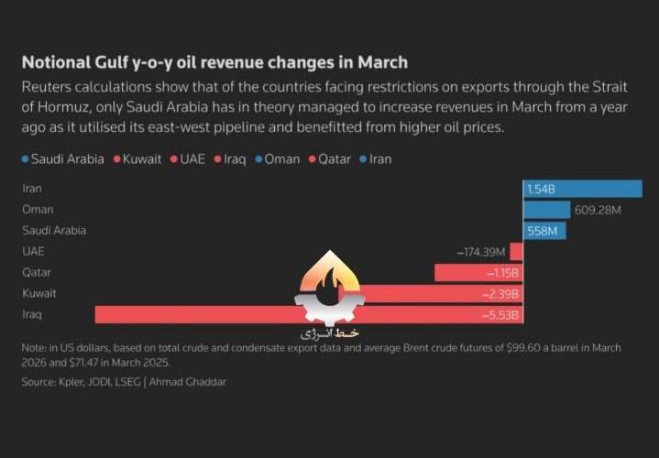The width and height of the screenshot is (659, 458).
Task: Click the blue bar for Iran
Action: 583,189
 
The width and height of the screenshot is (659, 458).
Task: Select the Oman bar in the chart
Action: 547,210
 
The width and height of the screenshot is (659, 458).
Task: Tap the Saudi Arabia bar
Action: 544,231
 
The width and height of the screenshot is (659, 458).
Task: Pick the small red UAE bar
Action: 517,252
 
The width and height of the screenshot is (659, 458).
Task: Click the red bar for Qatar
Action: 478,273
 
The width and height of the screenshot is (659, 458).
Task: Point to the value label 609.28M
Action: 598,210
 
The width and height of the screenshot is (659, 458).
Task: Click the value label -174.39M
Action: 481,252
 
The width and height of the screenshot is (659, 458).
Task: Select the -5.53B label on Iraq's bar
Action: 500,315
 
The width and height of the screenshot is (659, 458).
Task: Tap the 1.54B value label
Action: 541,190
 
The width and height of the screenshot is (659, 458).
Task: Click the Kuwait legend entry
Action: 137,159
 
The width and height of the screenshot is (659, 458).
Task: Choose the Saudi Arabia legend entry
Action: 63,159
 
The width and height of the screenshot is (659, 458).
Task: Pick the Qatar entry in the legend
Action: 330,159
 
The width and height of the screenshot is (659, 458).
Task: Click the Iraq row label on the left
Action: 32,314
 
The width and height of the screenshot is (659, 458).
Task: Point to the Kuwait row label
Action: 39,293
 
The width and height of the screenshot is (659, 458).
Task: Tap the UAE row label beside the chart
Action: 33,251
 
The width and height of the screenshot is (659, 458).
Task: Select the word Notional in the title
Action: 56,62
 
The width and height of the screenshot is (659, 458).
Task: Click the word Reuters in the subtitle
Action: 46,87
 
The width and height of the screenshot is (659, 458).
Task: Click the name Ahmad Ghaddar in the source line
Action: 188,382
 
